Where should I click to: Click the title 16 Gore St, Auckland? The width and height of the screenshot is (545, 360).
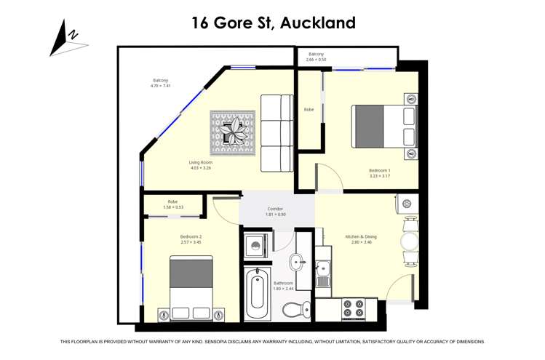(273, 23)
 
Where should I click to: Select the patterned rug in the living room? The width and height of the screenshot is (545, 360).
(233, 131)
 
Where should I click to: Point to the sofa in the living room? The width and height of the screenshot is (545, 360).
(277, 133)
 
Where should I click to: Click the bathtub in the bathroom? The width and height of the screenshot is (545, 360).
(258, 295)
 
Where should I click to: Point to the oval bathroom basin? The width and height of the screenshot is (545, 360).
(298, 260)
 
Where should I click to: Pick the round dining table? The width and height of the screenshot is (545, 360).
(411, 240)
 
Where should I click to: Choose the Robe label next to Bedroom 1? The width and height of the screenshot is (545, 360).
(309, 109)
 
